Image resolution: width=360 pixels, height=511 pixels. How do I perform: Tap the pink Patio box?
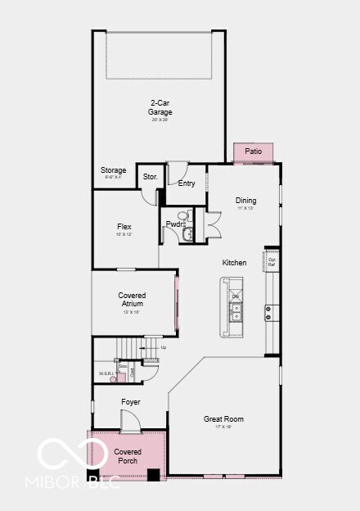(x=253, y=151)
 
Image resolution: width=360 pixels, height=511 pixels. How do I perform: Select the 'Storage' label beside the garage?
(x=114, y=170)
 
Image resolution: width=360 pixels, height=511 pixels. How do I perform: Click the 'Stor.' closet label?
(x=150, y=176)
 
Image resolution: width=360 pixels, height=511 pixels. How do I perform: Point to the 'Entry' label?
(x=187, y=183)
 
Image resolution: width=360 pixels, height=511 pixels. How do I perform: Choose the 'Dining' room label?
(x=245, y=200)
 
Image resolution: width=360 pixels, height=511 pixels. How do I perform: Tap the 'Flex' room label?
(x=124, y=227)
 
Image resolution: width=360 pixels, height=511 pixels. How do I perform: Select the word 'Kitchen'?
(x=234, y=263)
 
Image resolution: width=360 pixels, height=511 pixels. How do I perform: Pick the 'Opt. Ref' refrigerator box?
(x=272, y=262)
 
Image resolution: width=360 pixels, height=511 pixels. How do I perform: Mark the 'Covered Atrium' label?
(x=132, y=299)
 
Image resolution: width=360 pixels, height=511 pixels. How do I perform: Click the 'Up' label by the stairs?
(x=163, y=347)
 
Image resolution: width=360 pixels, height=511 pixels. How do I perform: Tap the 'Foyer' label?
(x=130, y=402)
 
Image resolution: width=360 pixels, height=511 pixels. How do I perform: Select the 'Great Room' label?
(x=223, y=419)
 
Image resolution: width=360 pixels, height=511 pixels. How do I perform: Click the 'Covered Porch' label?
(x=128, y=456)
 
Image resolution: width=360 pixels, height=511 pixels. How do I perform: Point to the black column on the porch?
(x=153, y=473)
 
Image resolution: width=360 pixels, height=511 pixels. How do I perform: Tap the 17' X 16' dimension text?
(x=223, y=427)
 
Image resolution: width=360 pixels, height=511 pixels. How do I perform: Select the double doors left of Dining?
(x=214, y=224)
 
